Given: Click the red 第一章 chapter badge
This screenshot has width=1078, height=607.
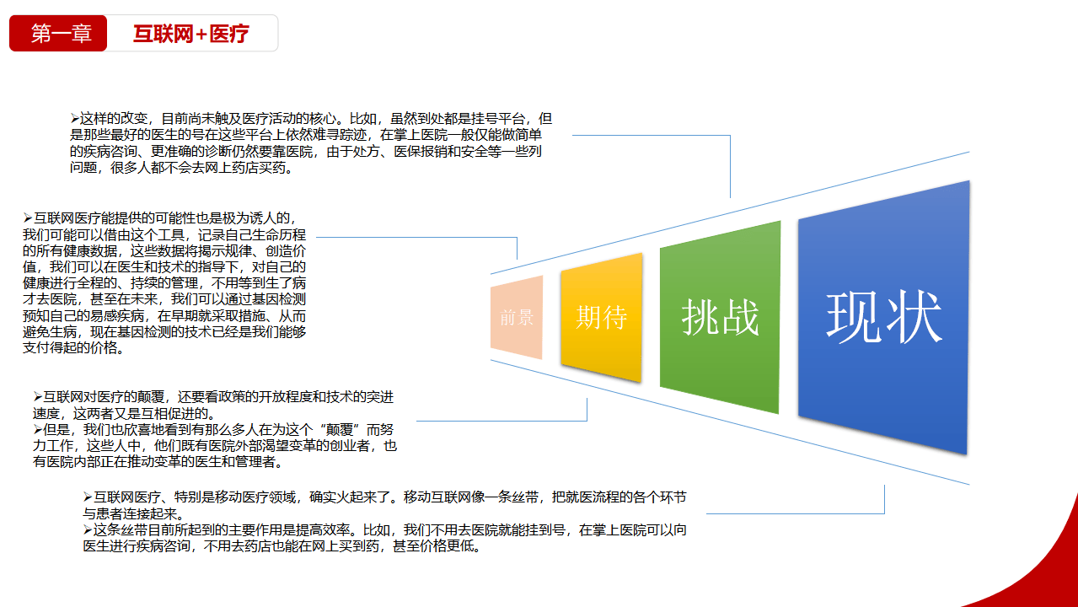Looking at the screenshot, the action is point(58,34).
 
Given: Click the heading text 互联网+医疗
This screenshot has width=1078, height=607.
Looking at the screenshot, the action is point(191,34).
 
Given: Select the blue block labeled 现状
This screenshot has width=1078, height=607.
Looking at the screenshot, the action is point(883,317).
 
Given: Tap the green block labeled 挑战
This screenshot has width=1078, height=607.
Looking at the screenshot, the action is point(720,318).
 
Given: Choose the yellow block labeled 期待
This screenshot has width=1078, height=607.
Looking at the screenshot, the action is point(601,318).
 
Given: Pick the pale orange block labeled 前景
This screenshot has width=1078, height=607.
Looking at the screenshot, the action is point(517,318).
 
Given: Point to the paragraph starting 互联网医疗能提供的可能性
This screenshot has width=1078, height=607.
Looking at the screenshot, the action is point(164,283).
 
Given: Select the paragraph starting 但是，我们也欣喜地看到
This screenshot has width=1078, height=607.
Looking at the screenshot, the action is point(215,445).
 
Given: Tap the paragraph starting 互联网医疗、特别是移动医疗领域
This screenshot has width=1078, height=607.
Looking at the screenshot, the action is point(384,504).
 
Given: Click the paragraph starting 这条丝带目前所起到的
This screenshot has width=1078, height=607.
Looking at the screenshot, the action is point(384,538).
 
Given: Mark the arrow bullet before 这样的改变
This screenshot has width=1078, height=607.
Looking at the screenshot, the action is point(75,119).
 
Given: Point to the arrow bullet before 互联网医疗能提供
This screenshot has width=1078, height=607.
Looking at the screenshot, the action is point(28,218).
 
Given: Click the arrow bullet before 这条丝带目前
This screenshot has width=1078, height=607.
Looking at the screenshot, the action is point(88,529).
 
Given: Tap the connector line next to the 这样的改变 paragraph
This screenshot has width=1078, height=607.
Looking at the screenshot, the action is point(649,134).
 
